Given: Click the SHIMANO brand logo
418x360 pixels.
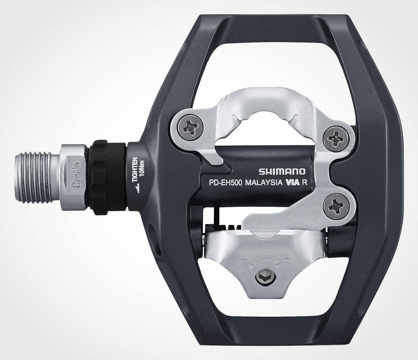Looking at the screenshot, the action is [282, 171].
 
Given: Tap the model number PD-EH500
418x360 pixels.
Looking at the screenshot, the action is [225, 183].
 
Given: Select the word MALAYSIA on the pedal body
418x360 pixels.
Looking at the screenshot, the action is [264, 183].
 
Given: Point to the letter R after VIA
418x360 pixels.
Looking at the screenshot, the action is [304, 183].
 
